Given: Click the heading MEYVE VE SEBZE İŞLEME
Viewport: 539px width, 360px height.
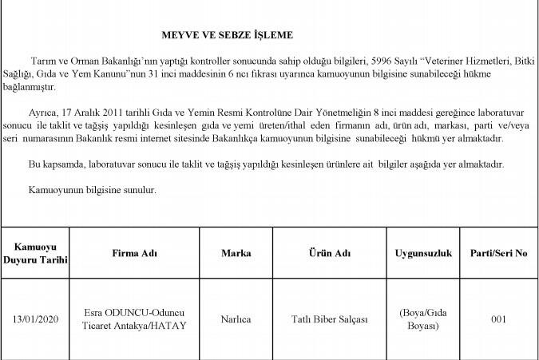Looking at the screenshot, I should tap(228, 35).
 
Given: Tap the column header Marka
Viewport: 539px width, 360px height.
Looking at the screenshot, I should tap(236, 253).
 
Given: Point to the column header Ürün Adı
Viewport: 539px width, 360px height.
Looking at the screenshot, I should tap(329, 253).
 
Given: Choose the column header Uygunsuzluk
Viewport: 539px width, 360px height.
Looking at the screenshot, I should tap(423, 253).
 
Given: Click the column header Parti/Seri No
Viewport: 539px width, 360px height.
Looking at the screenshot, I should tap(499, 253).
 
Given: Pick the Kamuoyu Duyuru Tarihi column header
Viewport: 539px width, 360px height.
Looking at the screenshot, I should tap(35, 253).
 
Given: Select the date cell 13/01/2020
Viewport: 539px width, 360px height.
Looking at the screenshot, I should tap(35, 319).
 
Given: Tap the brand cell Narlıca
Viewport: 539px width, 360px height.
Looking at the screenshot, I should tap(236, 319).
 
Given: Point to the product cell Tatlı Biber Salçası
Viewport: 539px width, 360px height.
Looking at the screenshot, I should tap(329, 319).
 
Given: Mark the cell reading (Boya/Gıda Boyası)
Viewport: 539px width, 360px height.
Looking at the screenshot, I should tap(423, 319).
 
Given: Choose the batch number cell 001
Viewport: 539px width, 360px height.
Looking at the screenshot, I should tap(499, 319).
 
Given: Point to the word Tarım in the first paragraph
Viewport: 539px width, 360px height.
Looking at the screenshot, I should tap(42, 61).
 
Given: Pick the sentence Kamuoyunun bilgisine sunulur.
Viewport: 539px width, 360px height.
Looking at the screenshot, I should tap(92, 191).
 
